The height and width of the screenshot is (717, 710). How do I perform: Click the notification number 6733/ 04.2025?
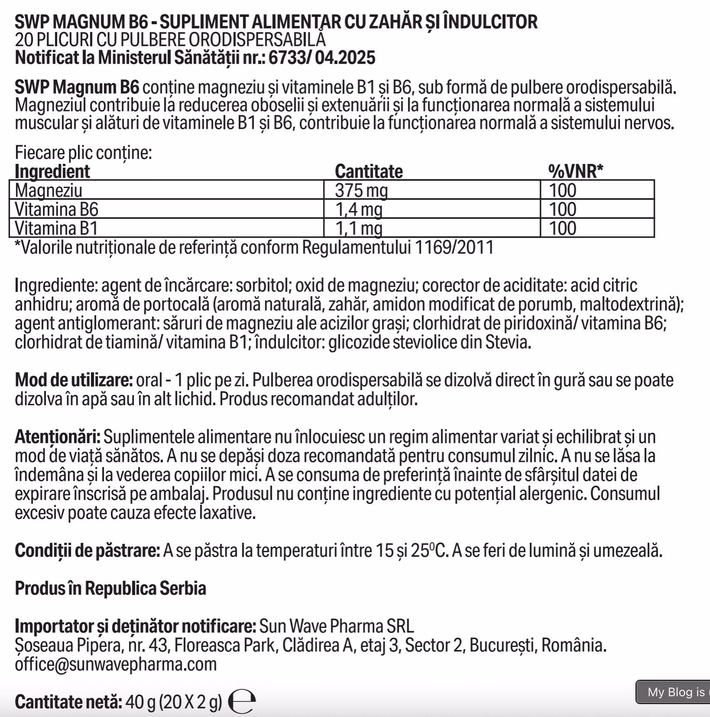point(322,58)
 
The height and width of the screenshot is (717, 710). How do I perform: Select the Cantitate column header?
point(368,172)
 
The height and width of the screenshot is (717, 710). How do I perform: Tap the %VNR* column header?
point(575,172)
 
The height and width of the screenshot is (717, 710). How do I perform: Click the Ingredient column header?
point(52,172)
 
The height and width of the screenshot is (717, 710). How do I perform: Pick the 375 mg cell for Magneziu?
point(362,190)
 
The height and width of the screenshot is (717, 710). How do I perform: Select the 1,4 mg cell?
point(359,209)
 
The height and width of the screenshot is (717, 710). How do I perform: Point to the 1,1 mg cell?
point(359,228)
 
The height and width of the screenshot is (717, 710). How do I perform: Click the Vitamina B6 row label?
point(57,209)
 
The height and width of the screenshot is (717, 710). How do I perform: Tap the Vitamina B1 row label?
point(56,228)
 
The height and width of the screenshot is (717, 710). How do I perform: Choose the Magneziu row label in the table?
point(48,190)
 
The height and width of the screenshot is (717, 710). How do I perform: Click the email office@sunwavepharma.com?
point(116,664)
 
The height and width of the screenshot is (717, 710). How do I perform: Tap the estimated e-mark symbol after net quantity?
point(242,701)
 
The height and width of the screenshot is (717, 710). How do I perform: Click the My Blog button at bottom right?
point(674,692)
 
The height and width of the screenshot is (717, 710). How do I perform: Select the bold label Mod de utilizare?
point(74,381)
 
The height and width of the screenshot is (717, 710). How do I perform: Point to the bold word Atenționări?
point(58,437)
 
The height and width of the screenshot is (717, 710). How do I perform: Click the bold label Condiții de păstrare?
point(87,551)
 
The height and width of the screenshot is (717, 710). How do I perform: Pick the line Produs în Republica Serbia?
point(110,589)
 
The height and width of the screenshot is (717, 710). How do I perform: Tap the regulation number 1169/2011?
point(454,248)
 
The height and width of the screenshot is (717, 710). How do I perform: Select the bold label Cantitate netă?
point(68,702)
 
